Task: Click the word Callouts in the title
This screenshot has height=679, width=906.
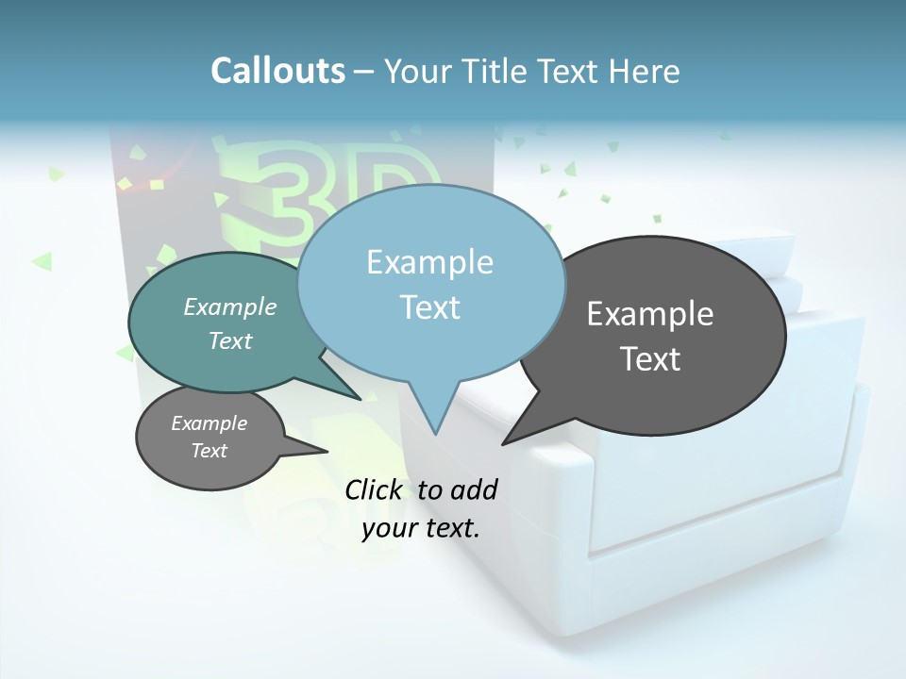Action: point(277,71)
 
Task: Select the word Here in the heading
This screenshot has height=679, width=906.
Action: point(644,71)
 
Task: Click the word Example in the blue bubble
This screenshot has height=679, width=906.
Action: point(429,262)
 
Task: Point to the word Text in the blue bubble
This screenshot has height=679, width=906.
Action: point(429,307)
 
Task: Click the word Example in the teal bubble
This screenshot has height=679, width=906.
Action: point(230,306)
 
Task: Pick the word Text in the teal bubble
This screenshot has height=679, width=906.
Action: point(230,340)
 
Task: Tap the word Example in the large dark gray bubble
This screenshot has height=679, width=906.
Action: point(650,314)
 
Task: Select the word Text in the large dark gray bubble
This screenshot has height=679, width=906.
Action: point(650,359)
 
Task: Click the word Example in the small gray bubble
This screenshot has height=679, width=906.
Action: point(209,423)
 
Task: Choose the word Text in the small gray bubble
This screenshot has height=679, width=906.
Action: point(209,451)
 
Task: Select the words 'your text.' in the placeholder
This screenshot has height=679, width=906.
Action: point(421,528)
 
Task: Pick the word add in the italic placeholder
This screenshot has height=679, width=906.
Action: point(473,489)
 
